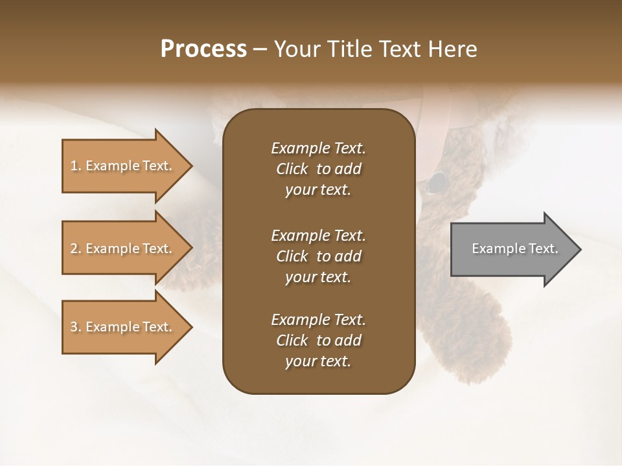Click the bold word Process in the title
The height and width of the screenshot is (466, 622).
pyautogui.click(x=203, y=49)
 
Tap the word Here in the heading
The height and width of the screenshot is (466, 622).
pyautogui.click(x=451, y=49)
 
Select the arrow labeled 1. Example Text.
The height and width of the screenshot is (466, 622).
pyautogui.click(x=122, y=166)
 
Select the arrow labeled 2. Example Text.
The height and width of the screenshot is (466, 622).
pyautogui.click(x=122, y=249)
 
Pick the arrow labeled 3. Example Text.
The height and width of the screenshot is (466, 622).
pyautogui.click(x=122, y=327)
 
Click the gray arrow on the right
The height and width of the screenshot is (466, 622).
pyautogui.click(x=512, y=249)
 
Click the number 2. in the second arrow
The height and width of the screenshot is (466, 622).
pyautogui.click(x=76, y=249)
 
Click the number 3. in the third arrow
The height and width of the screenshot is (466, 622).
pyautogui.click(x=76, y=327)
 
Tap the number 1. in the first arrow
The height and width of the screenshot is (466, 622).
pyautogui.click(x=76, y=166)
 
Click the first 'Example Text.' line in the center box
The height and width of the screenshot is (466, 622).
pyautogui.click(x=318, y=148)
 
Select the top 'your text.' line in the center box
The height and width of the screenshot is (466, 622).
pyautogui.click(x=318, y=190)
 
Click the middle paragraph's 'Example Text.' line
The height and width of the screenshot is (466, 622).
pyautogui.click(x=318, y=235)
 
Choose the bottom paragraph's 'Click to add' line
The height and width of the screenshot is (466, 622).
pyautogui.click(x=318, y=340)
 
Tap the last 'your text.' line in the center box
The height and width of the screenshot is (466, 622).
pyautogui.click(x=318, y=362)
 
